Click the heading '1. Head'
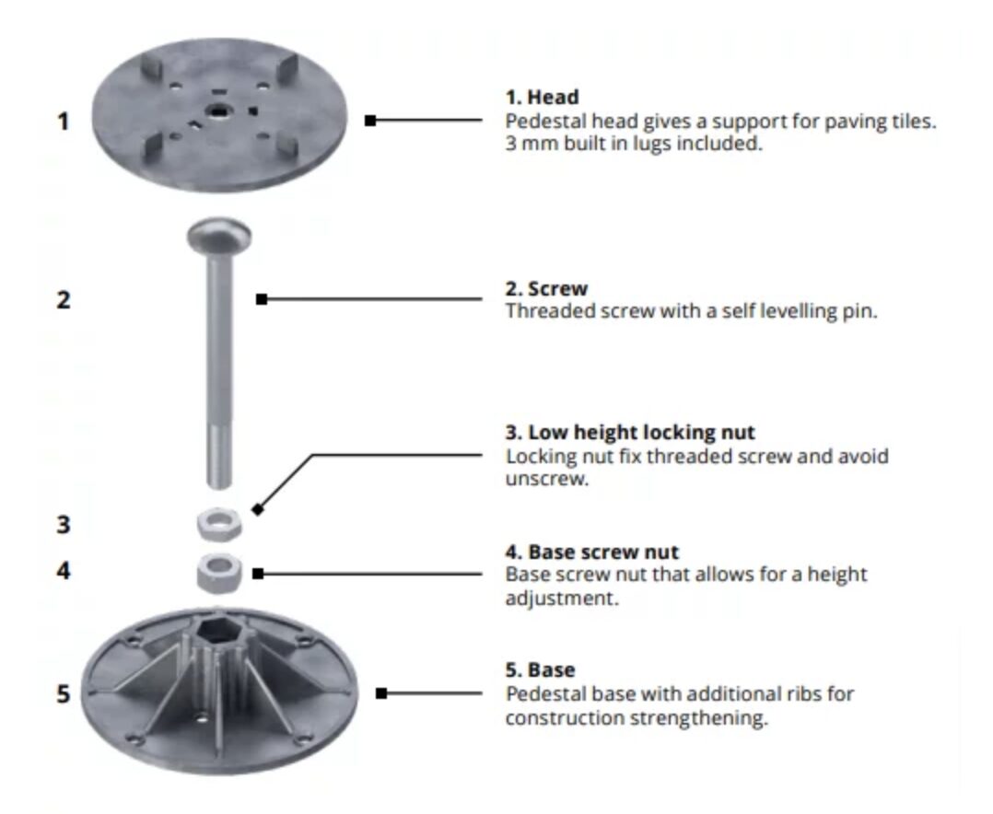click(x=542, y=98)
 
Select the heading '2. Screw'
click(x=546, y=288)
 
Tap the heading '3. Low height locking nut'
click(x=630, y=432)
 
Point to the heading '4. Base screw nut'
click(x=591, y=552)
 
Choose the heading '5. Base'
click(x=540, y=669)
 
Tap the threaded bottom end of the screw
click(x=219, y=457)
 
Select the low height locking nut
click(x=219, y=523)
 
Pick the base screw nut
click(x=219, y=574)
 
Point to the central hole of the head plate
click(x=218, y=112)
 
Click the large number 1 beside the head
click(x=63, y=121)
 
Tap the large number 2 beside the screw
click(x=64, y=300)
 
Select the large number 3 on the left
click(x=64, y=525)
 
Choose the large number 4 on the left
click(x=64, y=571)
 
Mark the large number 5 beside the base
click(x=64, y=693)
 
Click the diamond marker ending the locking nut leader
click(x=257, y=509)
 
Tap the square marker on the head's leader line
click(x=370, y=121)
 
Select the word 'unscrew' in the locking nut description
click(x=546, y=479)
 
